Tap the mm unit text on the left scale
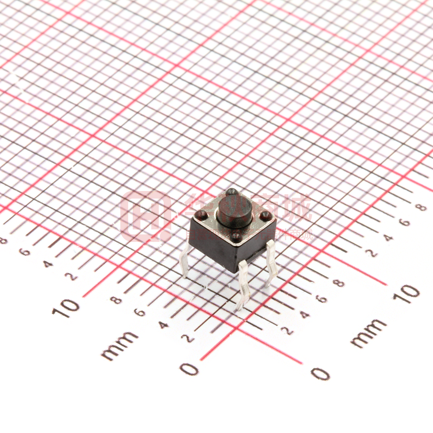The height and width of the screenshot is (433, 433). (119, 345)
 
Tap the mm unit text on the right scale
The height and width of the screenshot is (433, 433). (368, 333)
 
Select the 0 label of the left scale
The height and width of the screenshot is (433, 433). (189, 369)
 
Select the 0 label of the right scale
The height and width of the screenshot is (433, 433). (320, 373)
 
